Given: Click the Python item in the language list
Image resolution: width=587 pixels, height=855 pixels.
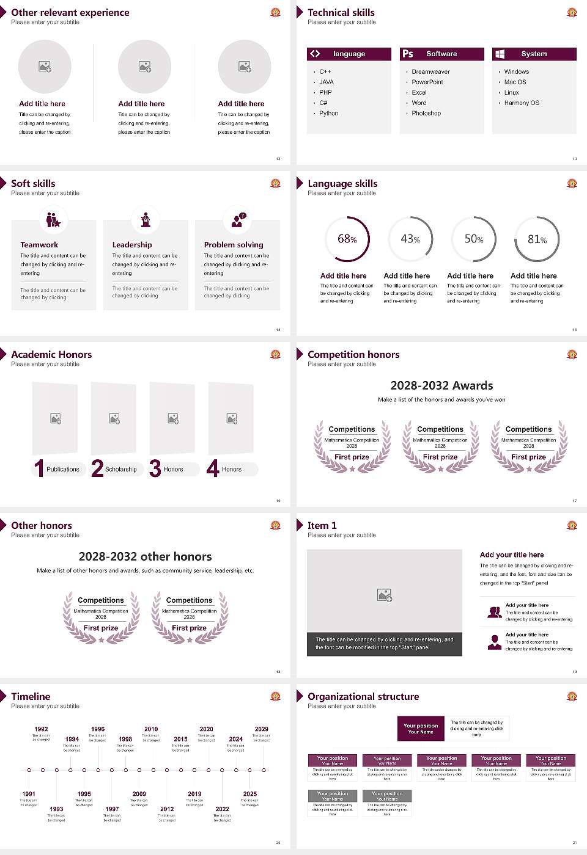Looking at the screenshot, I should coord(328,114).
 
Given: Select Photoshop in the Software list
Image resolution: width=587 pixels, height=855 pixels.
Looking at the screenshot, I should coord(426,114).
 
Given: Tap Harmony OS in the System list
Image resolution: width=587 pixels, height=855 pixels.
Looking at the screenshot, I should coord(522,103).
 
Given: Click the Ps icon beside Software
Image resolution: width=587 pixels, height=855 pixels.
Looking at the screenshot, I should coord(408,54).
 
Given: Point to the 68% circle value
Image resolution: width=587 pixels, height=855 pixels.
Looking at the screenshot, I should coord(347,239).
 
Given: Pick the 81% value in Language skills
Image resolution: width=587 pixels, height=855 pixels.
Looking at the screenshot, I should coord(537,239).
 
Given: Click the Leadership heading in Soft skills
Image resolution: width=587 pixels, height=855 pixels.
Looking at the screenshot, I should coord(132,245).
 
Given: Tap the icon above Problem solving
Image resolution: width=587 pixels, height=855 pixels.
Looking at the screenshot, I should coord(237,220).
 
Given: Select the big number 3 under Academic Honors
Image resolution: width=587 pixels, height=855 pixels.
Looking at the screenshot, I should coord(155,468).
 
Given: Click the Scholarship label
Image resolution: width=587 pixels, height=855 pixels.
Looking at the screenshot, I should coord(121,470).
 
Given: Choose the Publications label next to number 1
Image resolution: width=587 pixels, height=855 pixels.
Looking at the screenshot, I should coord(63,470).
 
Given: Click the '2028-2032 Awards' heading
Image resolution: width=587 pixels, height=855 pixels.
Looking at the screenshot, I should coord(441,386).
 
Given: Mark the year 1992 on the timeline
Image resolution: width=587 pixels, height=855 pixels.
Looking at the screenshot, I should coord(41,729).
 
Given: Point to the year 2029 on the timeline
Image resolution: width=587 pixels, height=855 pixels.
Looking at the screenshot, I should coord(262,729).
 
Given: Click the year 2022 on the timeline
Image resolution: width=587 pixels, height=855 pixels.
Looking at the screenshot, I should coord(223,809).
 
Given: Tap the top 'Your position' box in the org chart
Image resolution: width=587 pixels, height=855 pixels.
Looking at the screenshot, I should coord(421,729).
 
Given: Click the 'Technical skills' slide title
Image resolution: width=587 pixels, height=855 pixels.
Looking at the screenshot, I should coord(341,13).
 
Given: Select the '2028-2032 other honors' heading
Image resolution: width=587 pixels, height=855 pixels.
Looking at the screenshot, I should coord(146,557).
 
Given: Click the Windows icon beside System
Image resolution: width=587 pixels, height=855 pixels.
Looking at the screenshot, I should coord(500,54).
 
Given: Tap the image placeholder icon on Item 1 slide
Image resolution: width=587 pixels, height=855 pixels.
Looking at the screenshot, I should coord(385,595).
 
